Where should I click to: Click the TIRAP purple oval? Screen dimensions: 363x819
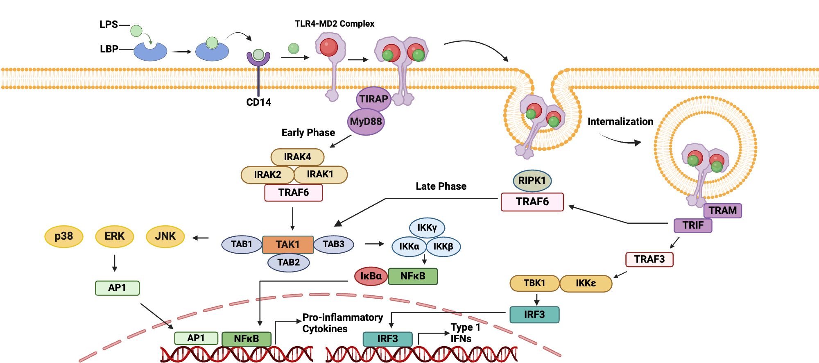coord(373,99)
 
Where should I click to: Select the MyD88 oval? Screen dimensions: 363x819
coord(366,122)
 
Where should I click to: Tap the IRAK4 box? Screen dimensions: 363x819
coord(297,157)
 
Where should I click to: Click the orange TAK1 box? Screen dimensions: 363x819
coord(287,245)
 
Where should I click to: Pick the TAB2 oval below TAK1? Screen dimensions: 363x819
coord(288,263)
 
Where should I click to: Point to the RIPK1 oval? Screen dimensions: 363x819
coord(532,181)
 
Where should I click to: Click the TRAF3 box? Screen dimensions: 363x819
coord(649,259)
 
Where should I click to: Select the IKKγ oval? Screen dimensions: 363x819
coord(427,228)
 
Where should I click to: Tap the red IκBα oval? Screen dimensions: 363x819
coord(371,276)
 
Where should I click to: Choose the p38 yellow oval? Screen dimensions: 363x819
coord(64,236)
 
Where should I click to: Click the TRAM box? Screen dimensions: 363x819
coord(722,211)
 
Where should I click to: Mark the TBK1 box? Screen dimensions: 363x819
coord(534,283)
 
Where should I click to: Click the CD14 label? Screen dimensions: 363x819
coord(258,102)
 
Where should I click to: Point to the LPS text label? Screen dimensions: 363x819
coord(109,25)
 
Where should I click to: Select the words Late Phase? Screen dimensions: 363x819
coord(441,186)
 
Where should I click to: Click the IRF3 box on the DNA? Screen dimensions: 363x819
coord(387,339)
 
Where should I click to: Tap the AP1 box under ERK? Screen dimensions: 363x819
coord(117,288)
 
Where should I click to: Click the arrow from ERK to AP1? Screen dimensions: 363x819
coord(115,263)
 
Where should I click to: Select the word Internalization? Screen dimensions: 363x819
coord(620,122)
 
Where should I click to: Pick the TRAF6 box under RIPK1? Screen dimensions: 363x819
coord(532,202)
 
